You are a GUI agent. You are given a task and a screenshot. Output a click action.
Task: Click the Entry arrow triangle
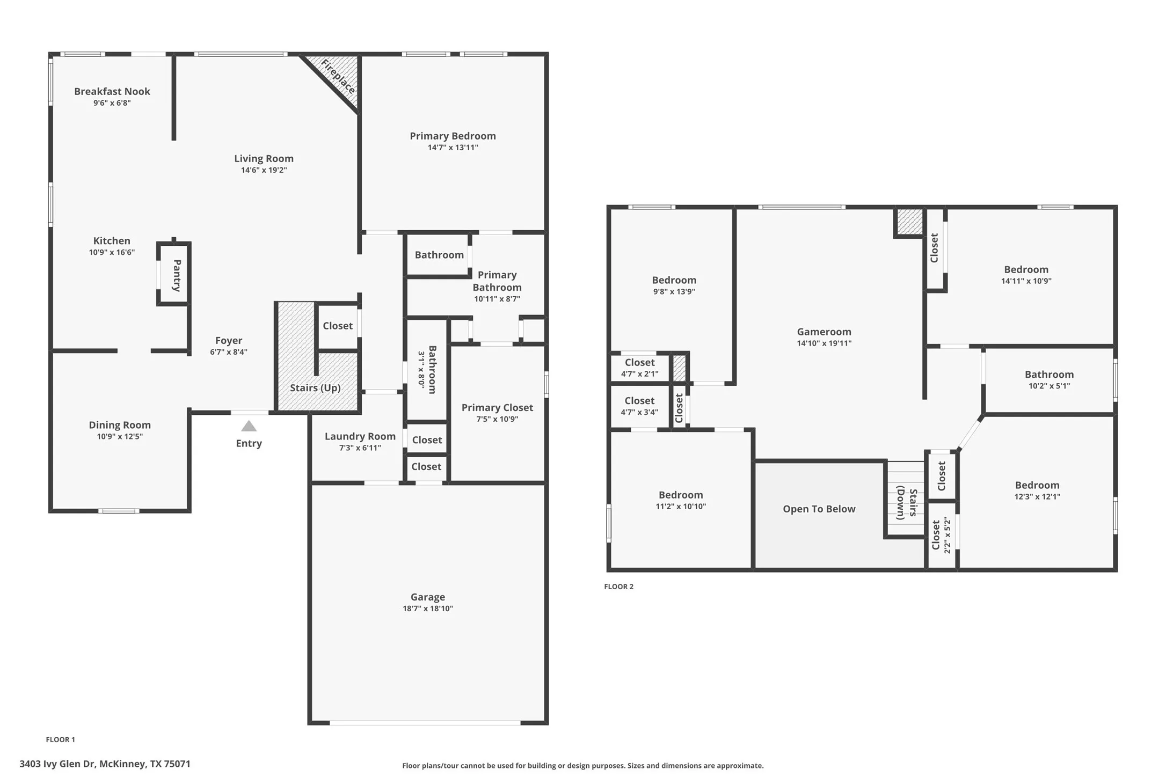[249, 427]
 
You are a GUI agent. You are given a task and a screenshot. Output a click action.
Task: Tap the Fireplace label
[338, 77]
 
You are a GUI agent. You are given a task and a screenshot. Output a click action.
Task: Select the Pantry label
[177, 275]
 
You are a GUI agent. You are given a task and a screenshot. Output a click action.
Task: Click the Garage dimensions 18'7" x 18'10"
[428, 609]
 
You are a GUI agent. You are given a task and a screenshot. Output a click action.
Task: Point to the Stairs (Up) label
[315, 388]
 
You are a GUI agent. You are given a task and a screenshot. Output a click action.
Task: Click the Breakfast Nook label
[112, 91]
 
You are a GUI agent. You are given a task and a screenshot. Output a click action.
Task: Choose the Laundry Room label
[360, 436]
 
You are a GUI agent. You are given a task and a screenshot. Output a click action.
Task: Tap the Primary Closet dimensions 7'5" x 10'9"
[497, 419]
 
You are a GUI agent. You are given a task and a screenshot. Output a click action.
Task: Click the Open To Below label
[819, 509]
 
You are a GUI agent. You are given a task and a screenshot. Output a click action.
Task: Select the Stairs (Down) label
[907, 503]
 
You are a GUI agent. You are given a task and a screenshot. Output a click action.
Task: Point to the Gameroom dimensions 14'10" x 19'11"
[824, 343]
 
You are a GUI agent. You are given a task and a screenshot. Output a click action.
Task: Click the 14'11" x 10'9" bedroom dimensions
[1026, 281]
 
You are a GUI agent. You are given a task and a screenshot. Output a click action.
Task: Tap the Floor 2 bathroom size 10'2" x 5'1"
[1049, 386]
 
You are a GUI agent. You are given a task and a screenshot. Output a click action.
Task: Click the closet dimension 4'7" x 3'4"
[639, 412]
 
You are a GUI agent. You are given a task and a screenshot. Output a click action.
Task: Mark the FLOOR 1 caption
[61, 739]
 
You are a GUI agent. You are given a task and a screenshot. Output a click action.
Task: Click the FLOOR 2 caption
[618, 587]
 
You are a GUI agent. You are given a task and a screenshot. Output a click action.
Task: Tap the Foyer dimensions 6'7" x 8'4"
[229, 352]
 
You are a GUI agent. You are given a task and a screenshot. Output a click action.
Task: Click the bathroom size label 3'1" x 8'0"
[421, 369]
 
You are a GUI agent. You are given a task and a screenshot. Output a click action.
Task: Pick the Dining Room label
[120, 425]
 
